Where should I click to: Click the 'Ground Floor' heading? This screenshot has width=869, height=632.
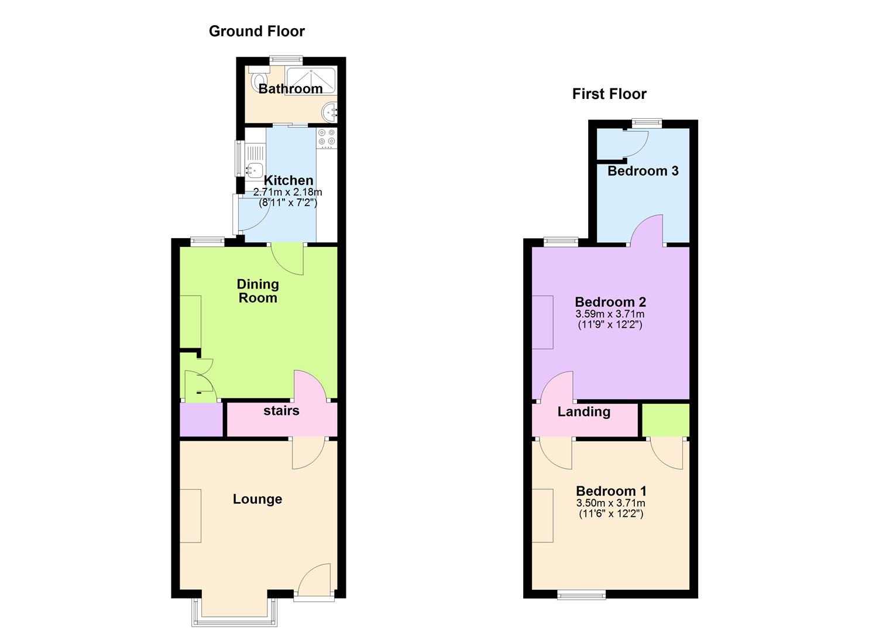tap(256, 32)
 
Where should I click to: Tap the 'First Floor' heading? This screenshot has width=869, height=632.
tap(609, 94)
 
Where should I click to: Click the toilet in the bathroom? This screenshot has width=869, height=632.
tap(256, 79)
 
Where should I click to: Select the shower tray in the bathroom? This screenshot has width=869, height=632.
tap(310, 80)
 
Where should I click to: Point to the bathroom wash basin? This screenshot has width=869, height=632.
tap(330, 112)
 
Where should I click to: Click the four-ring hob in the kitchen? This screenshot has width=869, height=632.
tap(327, 138)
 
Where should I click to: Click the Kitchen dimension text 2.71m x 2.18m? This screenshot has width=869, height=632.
tap(287, 192)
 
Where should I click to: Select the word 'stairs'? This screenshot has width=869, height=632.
tap(281, 410)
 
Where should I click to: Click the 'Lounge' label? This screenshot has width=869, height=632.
tap(257, 499)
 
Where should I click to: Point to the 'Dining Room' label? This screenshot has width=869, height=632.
tap(257, 291)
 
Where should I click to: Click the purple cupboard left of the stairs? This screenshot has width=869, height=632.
tap(201, 420)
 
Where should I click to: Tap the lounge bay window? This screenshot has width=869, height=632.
tap(234, 613)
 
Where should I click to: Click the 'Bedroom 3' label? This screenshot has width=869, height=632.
tap(643, 171)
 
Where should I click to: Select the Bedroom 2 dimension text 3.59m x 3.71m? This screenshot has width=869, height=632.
tap(610, 314)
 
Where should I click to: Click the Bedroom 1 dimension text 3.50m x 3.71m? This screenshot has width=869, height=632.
tap(610, 503)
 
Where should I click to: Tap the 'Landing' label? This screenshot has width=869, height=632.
tap(584, 411)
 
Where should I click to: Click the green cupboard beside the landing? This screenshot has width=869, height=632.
tap(666, 420)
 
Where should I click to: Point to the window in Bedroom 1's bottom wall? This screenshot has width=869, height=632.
tap(581, 595)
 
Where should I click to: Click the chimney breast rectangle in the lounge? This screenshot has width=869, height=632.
tap(191, 516)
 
